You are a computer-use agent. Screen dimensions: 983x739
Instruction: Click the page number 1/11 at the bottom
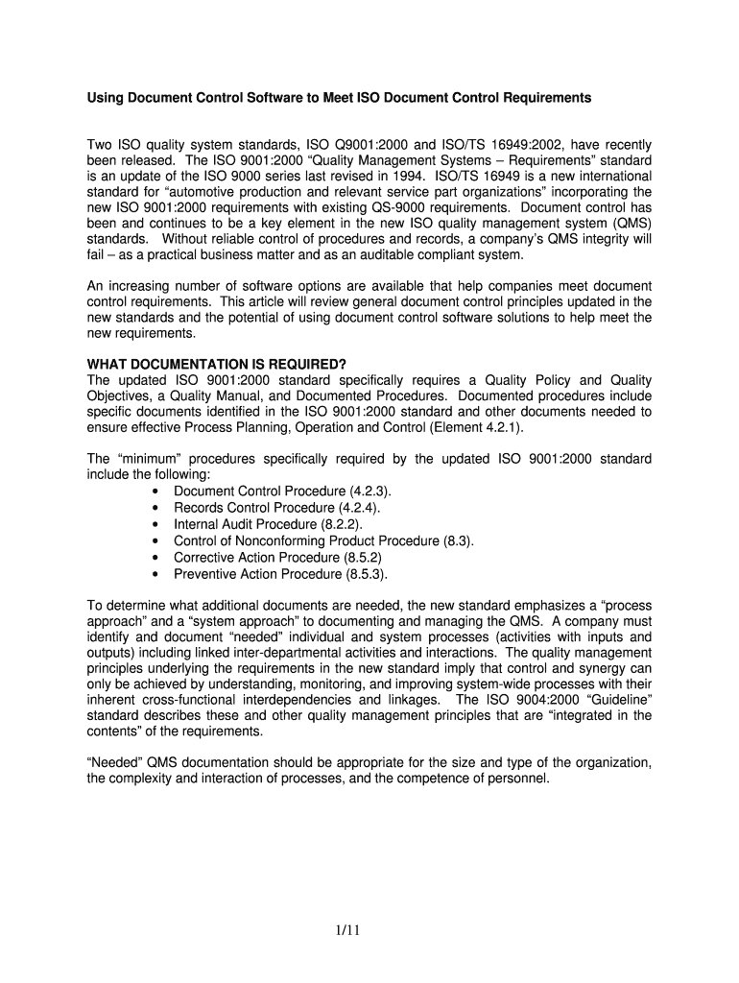[369, 929]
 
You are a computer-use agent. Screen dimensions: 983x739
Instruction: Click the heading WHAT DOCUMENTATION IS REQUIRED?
[217, 363]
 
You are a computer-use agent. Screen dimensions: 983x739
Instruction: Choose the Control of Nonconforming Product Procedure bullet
[323, 540]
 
